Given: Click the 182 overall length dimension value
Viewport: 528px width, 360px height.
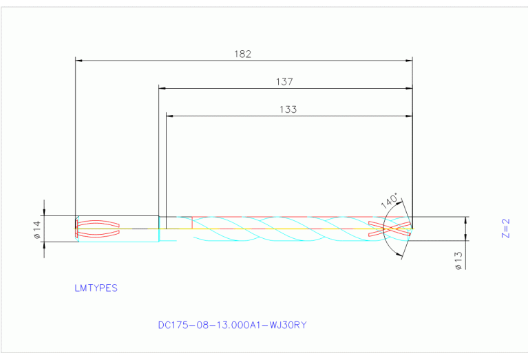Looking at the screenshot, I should (x=243, y=54).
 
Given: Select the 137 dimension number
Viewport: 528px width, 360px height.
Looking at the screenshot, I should (x=285, y=81).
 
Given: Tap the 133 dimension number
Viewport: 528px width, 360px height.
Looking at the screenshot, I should (x=288, y=109).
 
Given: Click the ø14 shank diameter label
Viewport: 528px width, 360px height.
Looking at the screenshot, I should (x=37, y=229).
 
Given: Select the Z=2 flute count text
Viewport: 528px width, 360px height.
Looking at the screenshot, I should (x=505, y=229).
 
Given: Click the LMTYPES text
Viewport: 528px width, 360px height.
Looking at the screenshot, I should (x=96, y=288).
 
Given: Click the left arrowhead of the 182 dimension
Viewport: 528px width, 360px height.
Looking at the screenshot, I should (x=78, y=61).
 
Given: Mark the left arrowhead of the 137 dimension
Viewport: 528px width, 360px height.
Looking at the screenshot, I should (x=162, y=88).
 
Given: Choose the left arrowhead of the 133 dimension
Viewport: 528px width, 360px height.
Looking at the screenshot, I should (x=170, y=116).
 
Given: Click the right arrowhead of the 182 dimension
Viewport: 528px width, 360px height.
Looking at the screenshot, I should (x=409, y=61).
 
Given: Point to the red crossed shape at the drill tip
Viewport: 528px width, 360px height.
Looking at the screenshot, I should (x=390, y=229).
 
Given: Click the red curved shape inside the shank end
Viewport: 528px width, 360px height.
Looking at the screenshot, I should (x=97, y=229).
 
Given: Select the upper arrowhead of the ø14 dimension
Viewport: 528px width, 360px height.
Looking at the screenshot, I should (x=44, y=212).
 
